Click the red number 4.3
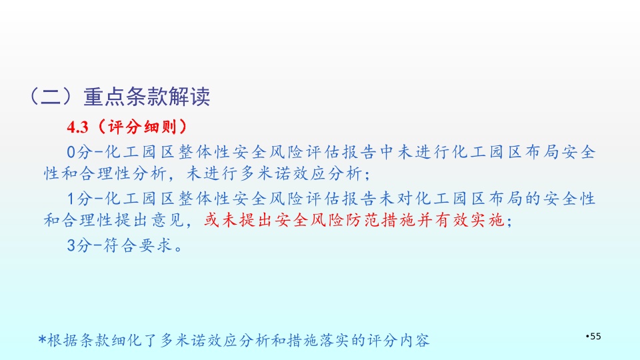[77, 127]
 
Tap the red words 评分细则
[142, 127]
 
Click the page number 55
[595, 336]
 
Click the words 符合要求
[137, 246]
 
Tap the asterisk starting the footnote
[42, 339]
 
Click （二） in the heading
[51, 97]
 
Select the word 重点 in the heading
[105, 97]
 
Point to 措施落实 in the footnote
[319, 340]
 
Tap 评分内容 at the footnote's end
[399, 340]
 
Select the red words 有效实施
[470, 221]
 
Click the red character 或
[212, 221]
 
